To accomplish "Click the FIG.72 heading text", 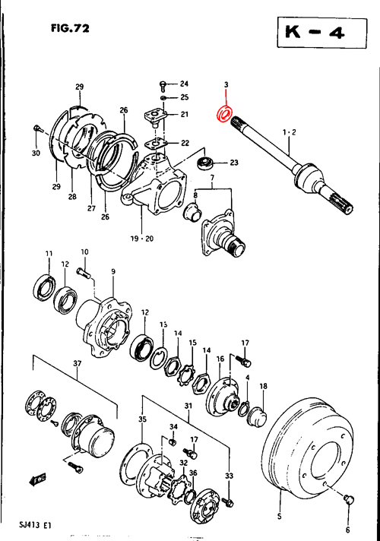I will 70,30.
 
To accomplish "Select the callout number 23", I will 234,163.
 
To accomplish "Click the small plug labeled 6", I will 347,498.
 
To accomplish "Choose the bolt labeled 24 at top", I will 163,84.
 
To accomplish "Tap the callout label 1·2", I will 289,132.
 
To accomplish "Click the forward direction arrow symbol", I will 36,479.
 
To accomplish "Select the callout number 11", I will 48,253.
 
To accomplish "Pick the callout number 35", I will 141,419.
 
